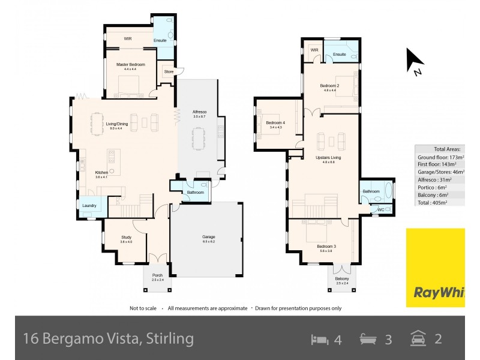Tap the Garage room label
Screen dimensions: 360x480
[208, 237]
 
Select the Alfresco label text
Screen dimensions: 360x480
[199, 112]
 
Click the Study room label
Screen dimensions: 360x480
[126, 237]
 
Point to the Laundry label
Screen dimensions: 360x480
[89, 206]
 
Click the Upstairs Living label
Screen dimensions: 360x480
[328, 158]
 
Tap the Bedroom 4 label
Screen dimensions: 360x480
[276, 123]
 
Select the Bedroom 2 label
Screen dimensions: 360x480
[330, 86]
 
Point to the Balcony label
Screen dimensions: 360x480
[341, 278]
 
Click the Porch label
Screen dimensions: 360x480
[157, 275]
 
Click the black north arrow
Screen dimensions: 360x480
[415, 60]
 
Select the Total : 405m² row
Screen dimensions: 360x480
[439, 203]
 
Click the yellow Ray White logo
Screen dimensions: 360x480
[435, 268]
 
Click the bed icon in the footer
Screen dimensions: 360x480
[319, 339]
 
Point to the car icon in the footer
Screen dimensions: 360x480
[418, 339]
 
